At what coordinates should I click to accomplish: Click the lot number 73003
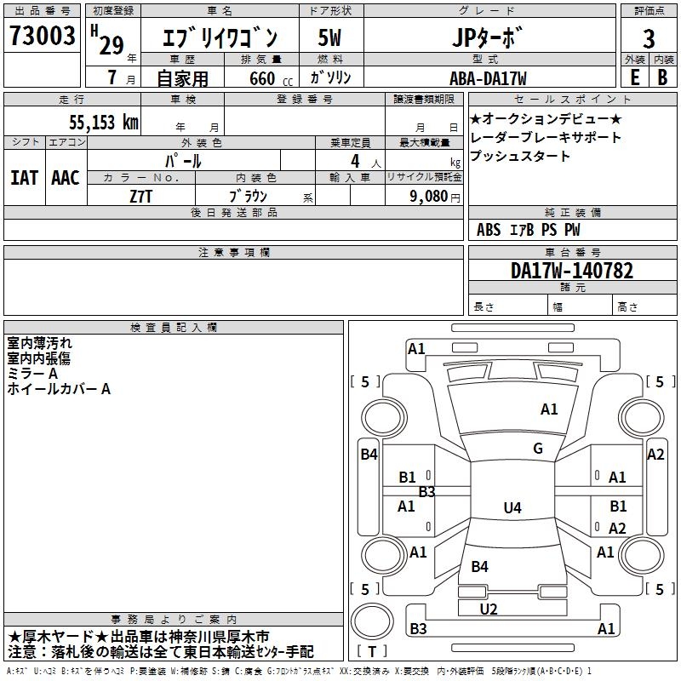coord(43,35)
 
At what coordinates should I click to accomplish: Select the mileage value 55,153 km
coord(104,123)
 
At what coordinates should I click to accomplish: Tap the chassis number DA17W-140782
coord(572,271)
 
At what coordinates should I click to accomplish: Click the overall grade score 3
coord(649,39)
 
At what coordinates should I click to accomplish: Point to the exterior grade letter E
coord(635,77)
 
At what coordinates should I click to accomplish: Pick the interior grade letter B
coord(663,77)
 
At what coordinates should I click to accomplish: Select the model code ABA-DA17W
coord(488,78)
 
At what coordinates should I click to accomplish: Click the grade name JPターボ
coord(487,37)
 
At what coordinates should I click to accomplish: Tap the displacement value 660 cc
coord(271,78)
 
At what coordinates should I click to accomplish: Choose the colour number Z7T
coord(140,197)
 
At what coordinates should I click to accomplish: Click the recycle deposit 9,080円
coord(435,197)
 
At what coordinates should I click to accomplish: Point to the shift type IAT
coord(25,178)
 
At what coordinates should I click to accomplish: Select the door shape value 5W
coord(329,37)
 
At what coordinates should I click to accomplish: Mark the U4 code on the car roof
coord(512,507)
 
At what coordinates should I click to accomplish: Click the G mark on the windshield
coord(538,449)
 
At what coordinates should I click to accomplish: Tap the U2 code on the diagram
coord(489,609)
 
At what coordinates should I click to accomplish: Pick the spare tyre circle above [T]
coord(372,621)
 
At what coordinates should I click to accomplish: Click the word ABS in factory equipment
coord(489,230)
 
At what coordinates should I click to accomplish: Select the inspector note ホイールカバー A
coord(59,389)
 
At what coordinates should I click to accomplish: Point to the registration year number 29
coord(112,45)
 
